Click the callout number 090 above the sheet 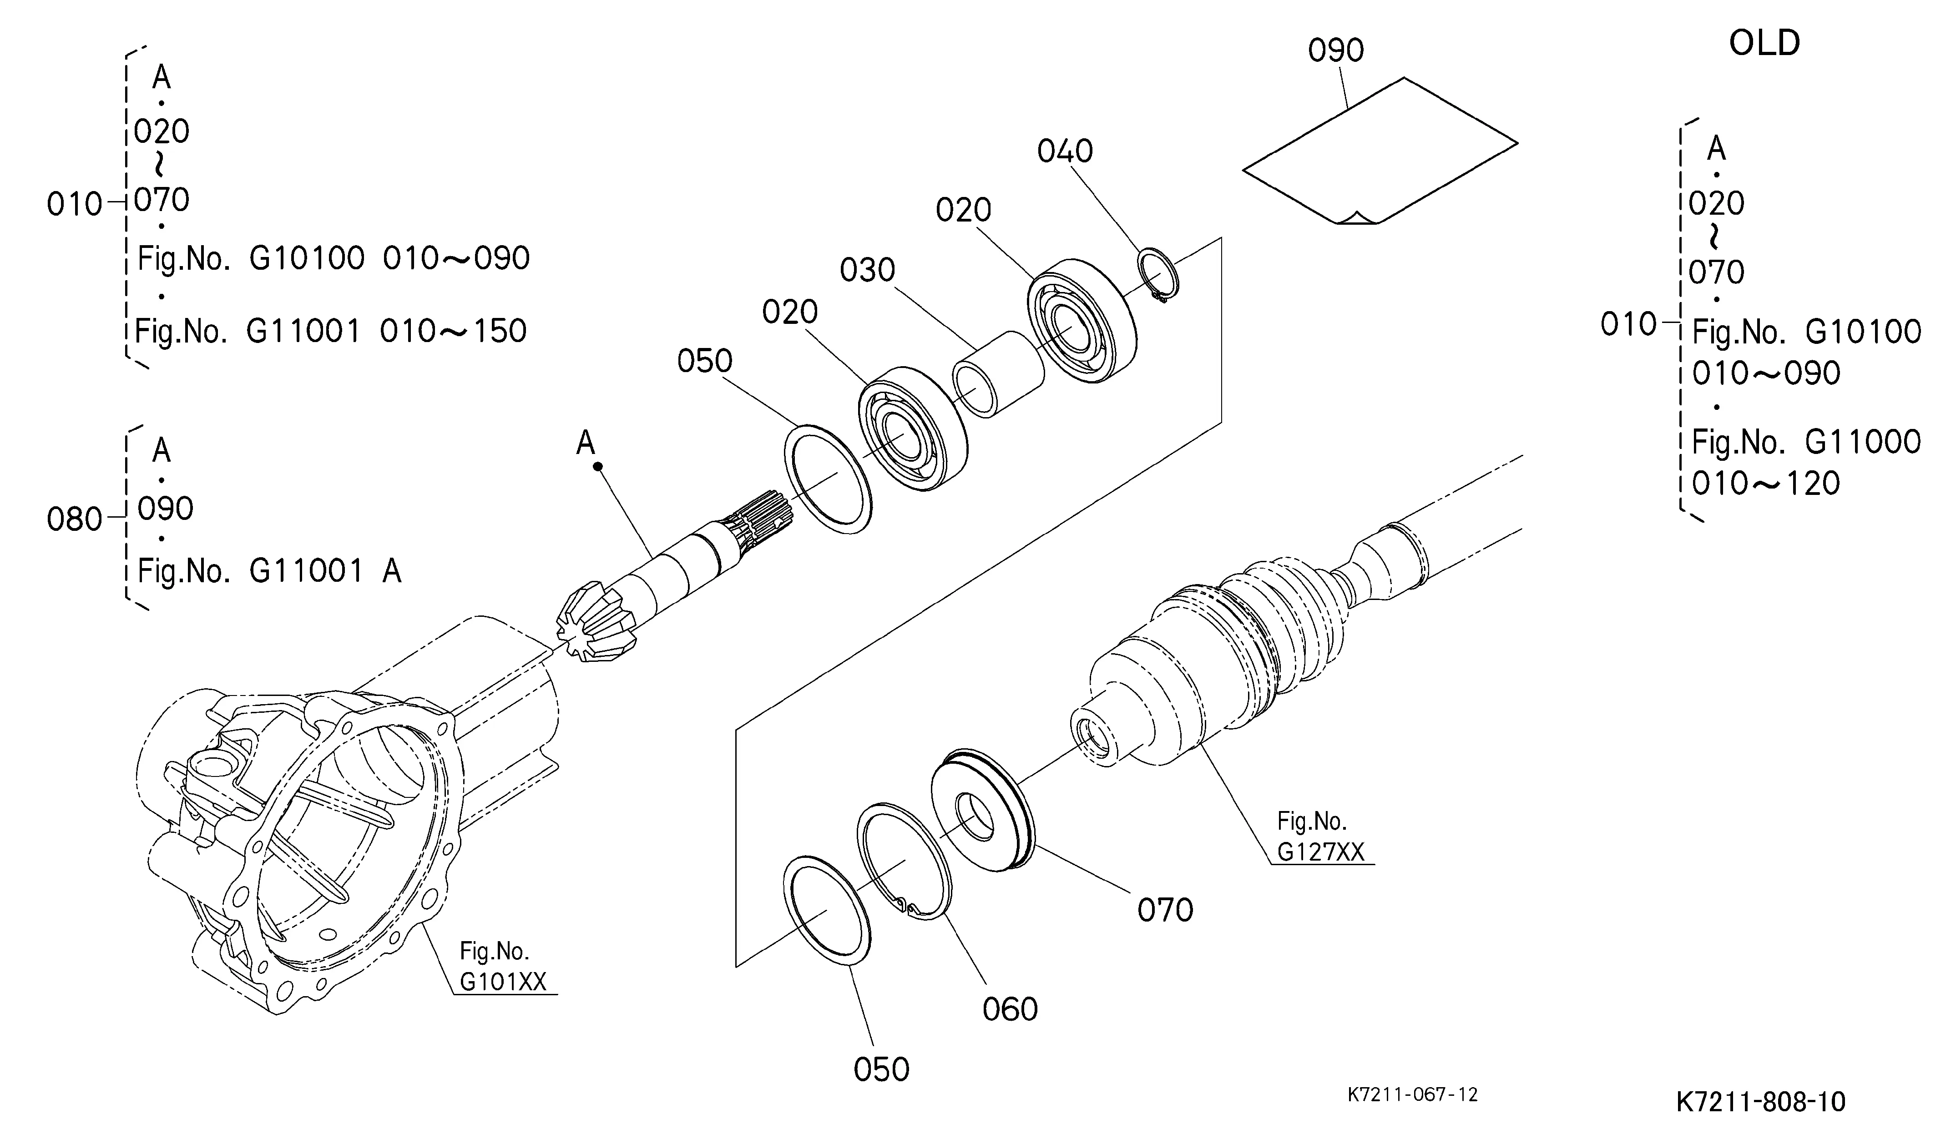coord(1336,50)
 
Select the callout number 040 coord(1065,151)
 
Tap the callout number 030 coord(867,270)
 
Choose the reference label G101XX coord(503,982)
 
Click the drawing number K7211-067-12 coord(1412,1095)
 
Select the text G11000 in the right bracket coord(1863,442)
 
